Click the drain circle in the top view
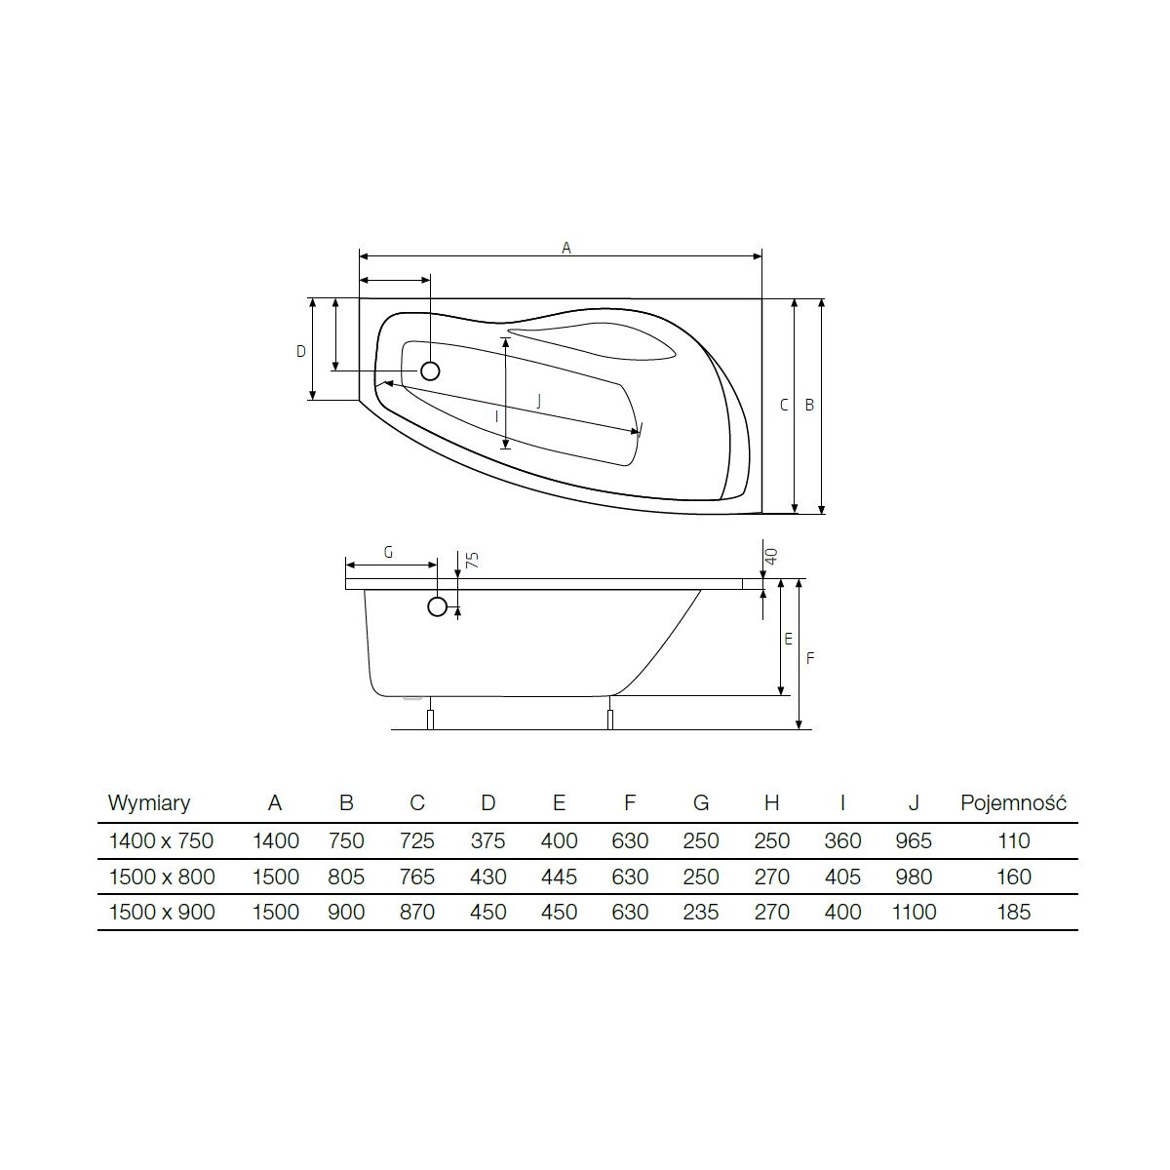pos(430,370)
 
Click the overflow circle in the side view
pos(437,605)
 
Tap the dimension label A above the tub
pos(565,248)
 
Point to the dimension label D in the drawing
pos(300,351)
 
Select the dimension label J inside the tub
pos(538,400)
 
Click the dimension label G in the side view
pos(389,553)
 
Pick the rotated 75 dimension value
pos(472,560)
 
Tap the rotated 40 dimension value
pos(771,556)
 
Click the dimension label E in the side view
pos(788,639)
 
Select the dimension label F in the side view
pos(810,658)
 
